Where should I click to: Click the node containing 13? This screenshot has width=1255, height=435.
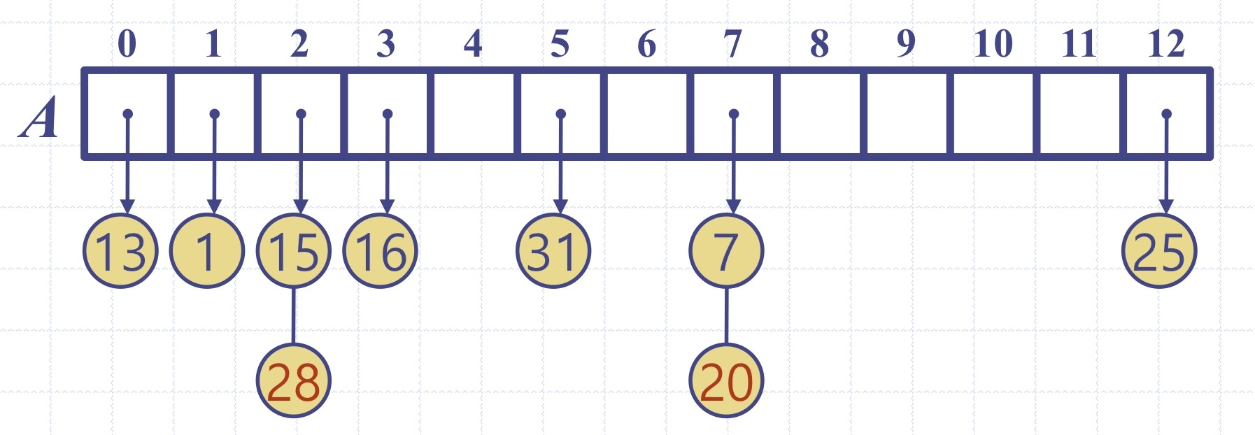point(120,251)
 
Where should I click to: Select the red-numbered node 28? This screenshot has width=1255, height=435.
point(293,381)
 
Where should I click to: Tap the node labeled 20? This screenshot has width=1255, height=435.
point(726,381)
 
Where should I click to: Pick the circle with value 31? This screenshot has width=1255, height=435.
point(553,251)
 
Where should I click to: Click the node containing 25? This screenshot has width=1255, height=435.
point(1159,251)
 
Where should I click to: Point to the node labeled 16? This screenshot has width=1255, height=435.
point(380,251)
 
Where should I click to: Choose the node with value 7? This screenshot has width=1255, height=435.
point(726,251)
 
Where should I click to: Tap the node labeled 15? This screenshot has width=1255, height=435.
point(293,251)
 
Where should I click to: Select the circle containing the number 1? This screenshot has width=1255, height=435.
point(207,251)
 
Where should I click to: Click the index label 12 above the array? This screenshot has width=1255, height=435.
point(1165,44)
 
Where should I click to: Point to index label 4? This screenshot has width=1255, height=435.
point(473,44)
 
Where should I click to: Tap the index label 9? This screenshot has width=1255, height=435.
point(906,44)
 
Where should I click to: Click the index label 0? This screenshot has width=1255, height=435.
point(127,44)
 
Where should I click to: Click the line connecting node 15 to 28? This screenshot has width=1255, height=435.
point(293,315)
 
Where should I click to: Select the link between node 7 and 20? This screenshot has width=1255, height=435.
point(726,315)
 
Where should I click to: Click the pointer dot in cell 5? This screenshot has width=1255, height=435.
point(560,113)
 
